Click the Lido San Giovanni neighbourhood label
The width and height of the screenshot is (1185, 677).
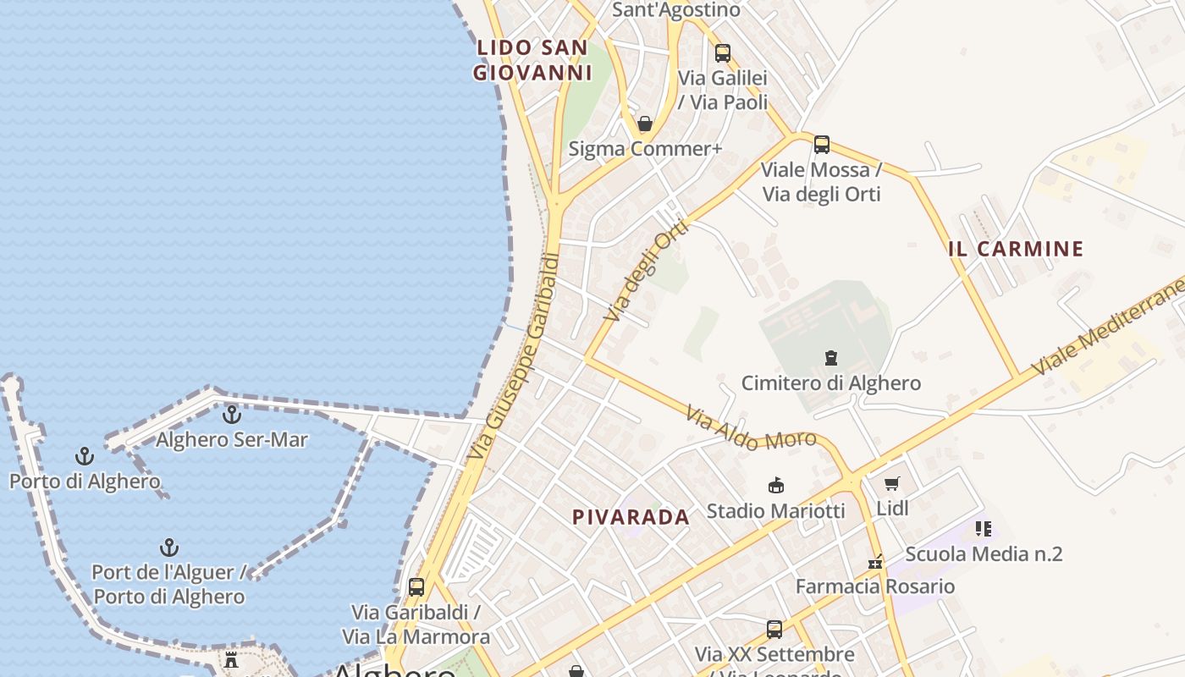[x=532, y=60]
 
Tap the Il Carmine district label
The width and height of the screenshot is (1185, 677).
[x=1016, y=249]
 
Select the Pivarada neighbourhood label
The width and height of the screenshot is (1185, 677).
[x=631, y=517]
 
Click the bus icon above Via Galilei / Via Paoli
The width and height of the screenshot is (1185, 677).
[x=722, y=52]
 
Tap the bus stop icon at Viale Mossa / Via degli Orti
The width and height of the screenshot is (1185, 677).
[x=821, y=144]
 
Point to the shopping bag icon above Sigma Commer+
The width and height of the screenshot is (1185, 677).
[x=645, y=124]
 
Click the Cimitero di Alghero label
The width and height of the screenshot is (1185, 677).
[x=831, y=383]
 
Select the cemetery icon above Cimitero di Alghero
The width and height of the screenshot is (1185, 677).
[x=830, y=358]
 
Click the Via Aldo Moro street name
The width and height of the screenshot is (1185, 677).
[x=751, y=429]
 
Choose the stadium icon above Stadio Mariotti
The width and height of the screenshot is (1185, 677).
[x=775, y=485]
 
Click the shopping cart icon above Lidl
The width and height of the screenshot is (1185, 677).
[x=891, y=483]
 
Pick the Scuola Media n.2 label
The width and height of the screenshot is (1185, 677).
[x=984, y=554]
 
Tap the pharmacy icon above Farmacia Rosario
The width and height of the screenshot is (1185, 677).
[x=875, y=562]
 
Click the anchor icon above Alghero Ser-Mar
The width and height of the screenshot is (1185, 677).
[x=231, y=415]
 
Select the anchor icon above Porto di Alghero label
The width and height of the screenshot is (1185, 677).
[x=84, y=457]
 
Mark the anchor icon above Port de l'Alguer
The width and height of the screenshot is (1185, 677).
[x=169, y=548]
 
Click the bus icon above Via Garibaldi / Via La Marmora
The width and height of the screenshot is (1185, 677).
[x=416, y=586]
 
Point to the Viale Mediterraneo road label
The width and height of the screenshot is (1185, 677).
[x=1109, y=326]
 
